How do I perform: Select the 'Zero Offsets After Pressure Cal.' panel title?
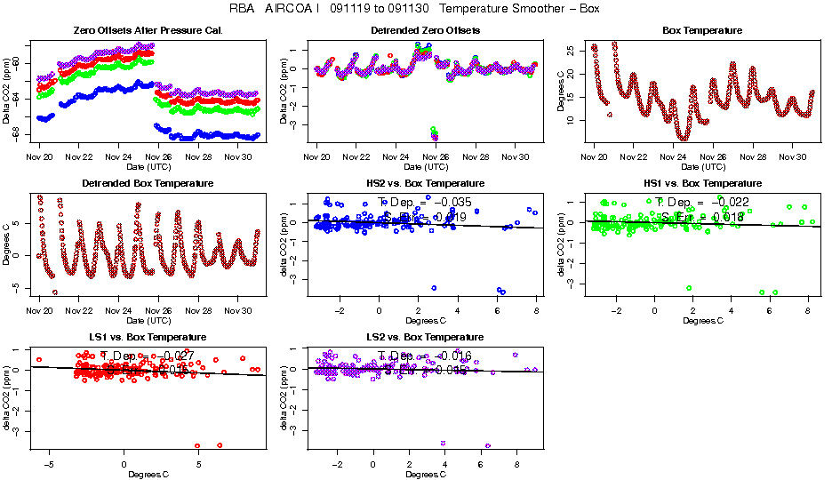pos(147,31)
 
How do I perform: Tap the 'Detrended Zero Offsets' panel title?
pos(425,31)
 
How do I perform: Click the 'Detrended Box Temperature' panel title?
pos(147,184)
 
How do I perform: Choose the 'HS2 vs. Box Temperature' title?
pos(425,184)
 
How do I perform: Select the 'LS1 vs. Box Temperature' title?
pos(147,338)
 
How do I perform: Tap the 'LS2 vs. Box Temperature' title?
pos(425,338)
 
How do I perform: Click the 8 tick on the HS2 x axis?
pos(536,310)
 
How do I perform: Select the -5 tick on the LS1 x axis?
pos(49,464)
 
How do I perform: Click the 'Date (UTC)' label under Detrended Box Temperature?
pos(147,320)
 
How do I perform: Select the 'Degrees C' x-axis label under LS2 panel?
pos(425,474)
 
